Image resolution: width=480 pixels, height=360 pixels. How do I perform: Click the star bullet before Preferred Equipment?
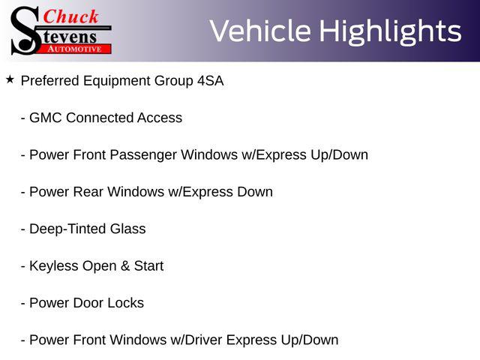[10, 80]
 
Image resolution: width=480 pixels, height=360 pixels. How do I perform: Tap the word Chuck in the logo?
[70, 16]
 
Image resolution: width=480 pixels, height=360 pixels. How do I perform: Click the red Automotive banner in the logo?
[75, 49]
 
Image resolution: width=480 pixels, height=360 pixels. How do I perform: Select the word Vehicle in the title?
[260, 31]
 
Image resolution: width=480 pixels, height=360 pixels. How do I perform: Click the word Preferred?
[50, 81]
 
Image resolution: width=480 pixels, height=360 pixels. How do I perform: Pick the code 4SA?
[211, 81]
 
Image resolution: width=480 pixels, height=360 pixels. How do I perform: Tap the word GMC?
[46, 118]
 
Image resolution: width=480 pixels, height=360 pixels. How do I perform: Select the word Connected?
[100, 118]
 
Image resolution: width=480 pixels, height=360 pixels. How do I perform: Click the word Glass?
[128, 229]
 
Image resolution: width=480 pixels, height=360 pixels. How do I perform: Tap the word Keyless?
[54, 266]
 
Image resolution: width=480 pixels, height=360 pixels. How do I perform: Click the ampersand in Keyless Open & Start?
[125, 266]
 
